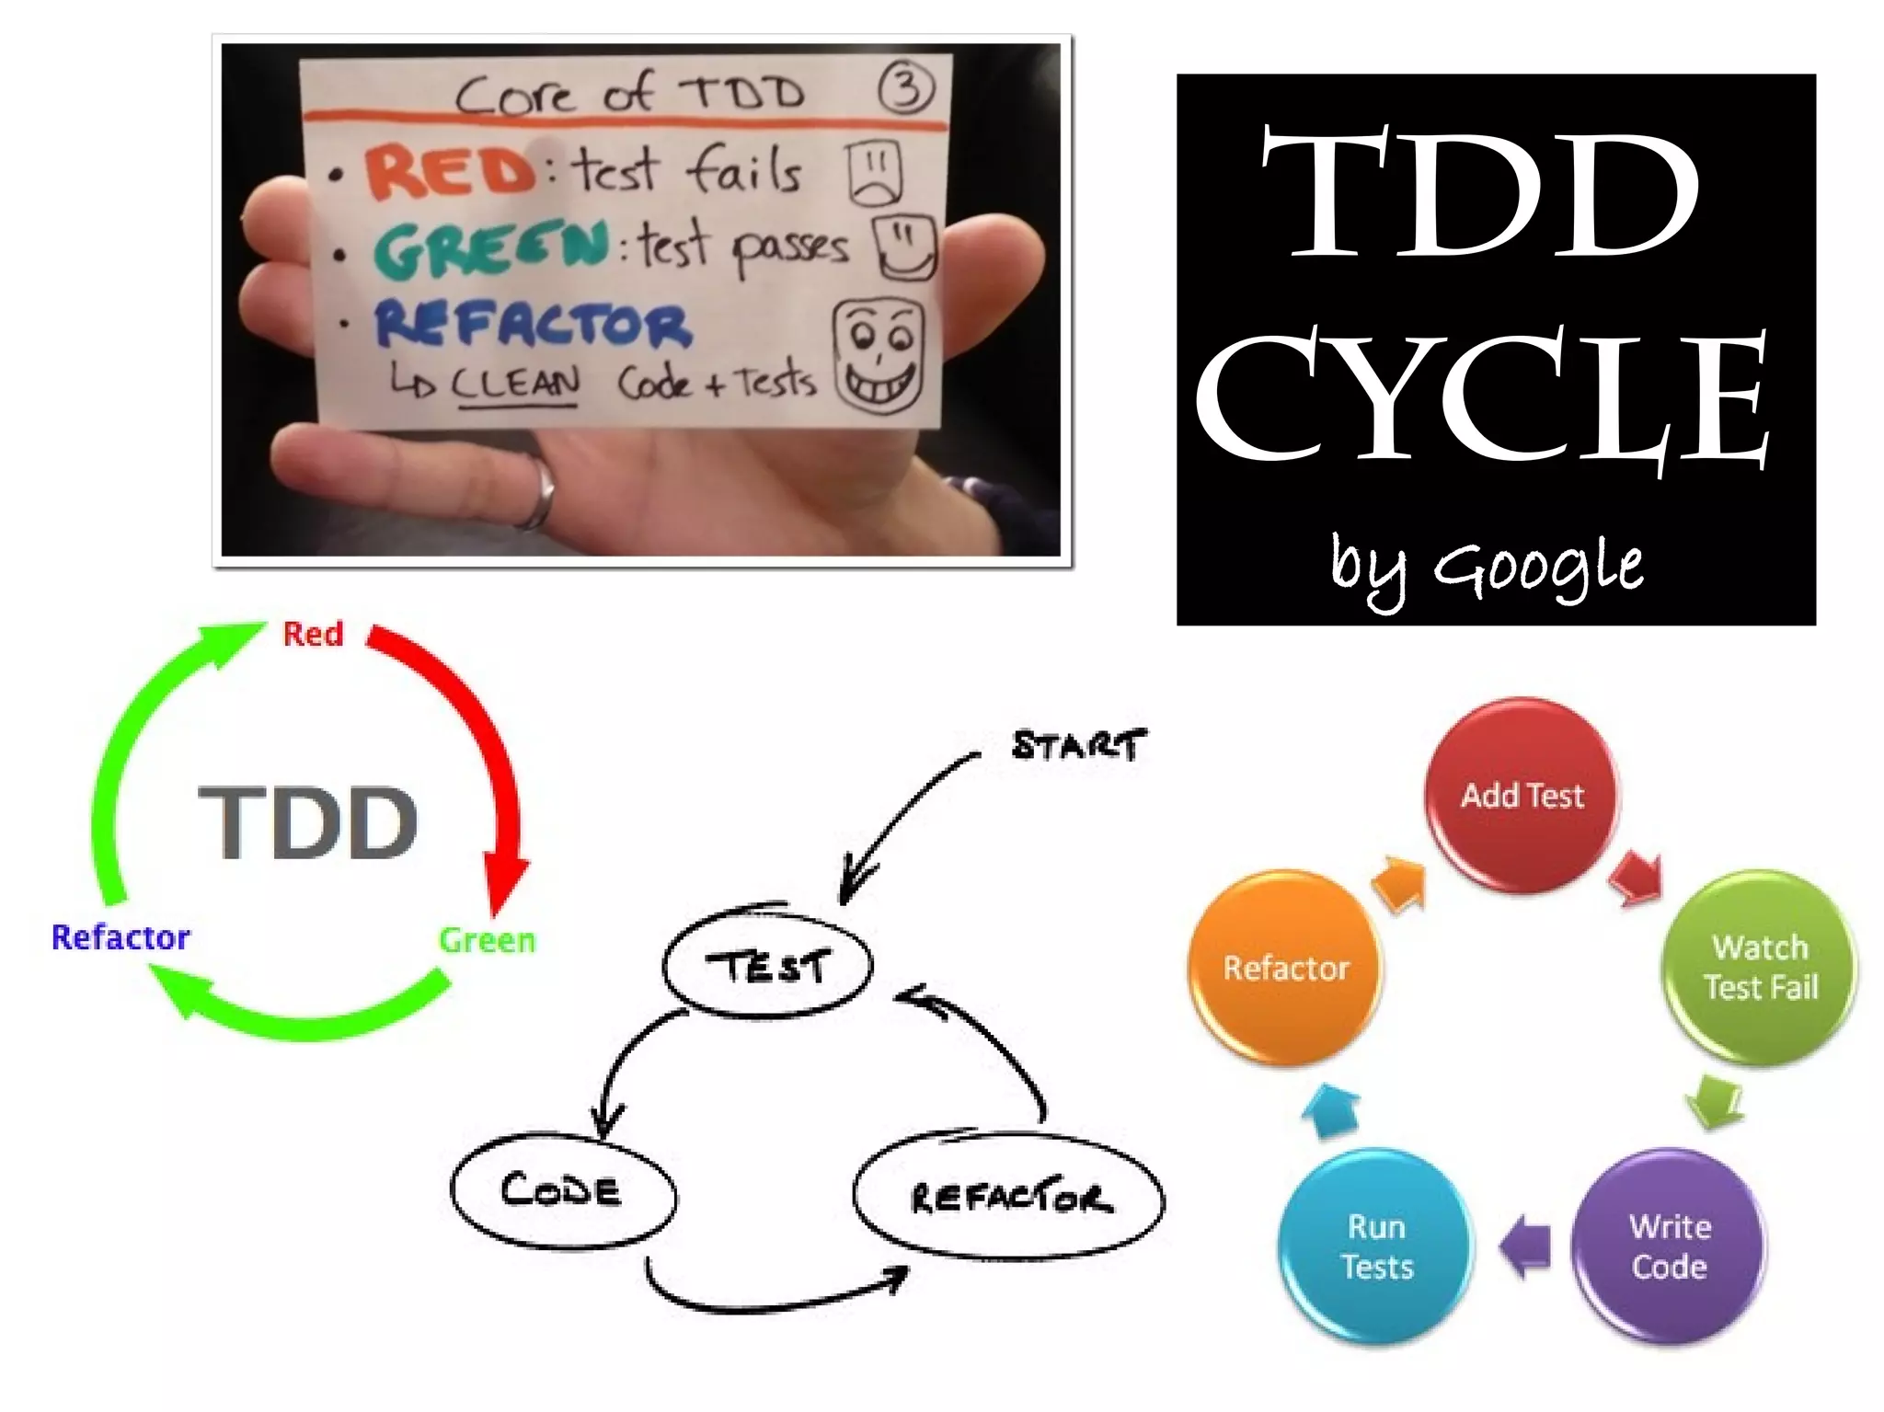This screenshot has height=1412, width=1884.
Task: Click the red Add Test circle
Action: click(1522, 795)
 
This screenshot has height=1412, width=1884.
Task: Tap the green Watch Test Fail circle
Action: click(1759, 967)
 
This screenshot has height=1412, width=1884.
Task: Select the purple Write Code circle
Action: click(1669, 1246)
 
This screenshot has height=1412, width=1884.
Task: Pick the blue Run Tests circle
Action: click(1376, 1246)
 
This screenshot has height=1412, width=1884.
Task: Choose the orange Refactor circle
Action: click(1286, 968)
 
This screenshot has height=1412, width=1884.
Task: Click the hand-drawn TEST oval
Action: click(766, 966)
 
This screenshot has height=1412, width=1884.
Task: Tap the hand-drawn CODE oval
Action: click(562, 1191)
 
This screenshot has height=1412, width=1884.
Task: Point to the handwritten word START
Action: click(1078, 744)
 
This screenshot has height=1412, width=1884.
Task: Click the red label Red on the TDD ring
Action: click(313, 634)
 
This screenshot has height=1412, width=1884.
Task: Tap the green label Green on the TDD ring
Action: click(487, 940)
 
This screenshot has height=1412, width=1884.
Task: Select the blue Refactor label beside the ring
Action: click(121, 937)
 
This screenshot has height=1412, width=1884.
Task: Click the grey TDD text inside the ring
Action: click(308, 822)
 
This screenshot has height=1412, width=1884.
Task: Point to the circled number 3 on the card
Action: click(906, 89)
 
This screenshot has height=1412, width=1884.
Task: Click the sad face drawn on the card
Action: click(874, 172)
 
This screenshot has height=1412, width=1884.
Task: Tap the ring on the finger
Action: click(541, 494)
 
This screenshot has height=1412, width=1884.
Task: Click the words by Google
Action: click(1487, 567)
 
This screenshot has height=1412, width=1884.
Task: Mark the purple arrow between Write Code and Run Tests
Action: click(1525, 1246)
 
